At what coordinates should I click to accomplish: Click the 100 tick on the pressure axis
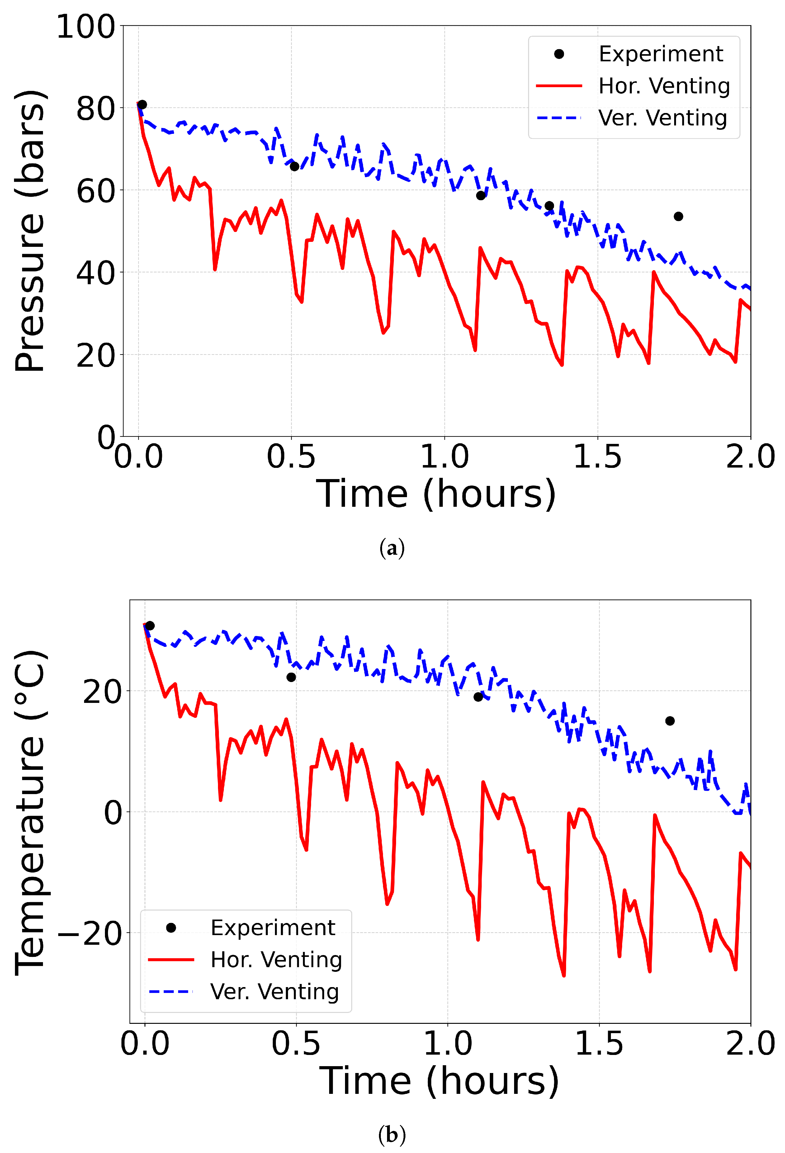(x=85, y=27)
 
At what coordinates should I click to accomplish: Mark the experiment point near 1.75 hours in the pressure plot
(x=678, y=216)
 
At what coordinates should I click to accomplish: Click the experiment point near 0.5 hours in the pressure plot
(x=294, y=166)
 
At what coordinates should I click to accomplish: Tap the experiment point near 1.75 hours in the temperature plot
(x=670, y=721)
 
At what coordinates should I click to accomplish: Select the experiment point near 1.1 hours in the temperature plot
(x=478, y=697)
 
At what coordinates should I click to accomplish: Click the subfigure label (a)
(x=392, y=548)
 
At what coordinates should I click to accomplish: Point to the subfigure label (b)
(x=392, y=1134)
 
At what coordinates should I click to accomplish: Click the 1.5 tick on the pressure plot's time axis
(x=598, y=456)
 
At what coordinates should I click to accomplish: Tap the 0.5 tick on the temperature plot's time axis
(x=296, y=1043)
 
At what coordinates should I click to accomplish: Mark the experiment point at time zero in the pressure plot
(x=142, y=105)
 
